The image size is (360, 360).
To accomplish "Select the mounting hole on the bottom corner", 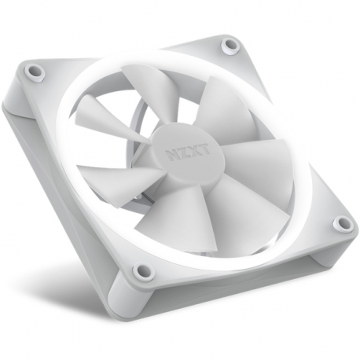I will pos(142,272).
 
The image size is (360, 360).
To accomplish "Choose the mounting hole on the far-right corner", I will pos(340,225).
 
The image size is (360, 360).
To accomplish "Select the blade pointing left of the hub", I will pos(110,178).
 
